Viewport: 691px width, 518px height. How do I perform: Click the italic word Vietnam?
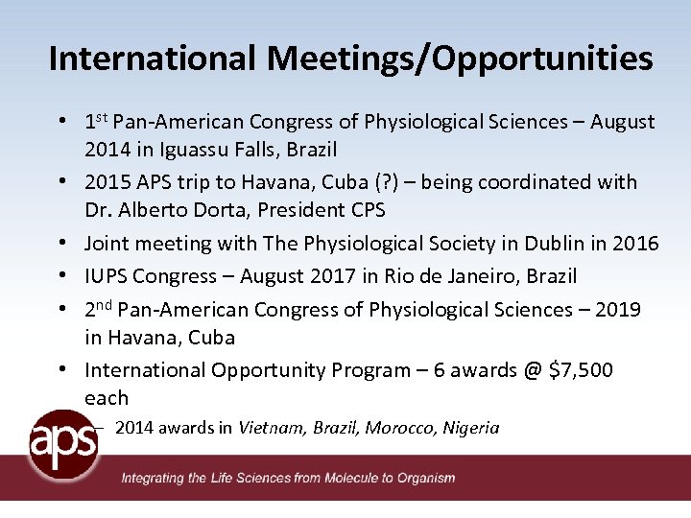point(273,428)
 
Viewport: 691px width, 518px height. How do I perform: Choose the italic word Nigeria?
point(471,428)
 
